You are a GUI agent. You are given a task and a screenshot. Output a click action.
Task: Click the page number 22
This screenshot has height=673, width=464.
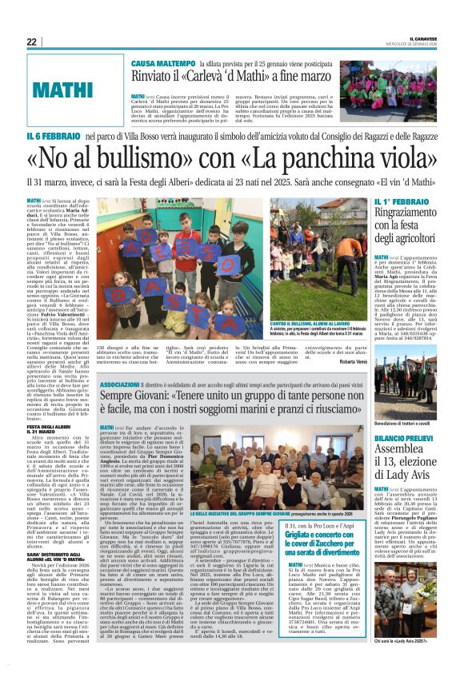(x=31, y=42)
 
